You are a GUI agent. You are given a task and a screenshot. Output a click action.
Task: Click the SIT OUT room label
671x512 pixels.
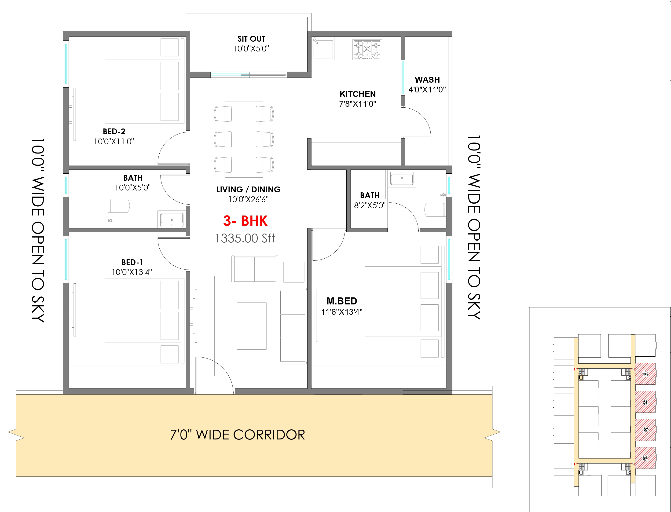coord(251,39)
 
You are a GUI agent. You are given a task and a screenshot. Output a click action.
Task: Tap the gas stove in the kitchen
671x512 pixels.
coord(367,49)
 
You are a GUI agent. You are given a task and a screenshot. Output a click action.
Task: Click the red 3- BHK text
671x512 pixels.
coord(245,221)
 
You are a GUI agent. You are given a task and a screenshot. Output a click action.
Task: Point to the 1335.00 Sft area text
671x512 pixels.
coord(245,238)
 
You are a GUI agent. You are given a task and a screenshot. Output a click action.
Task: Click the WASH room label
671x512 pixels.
coord(427,80)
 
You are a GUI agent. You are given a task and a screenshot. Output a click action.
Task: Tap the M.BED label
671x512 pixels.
coord(342,301)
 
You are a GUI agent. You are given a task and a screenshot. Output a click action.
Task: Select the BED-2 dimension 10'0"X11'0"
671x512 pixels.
coord(114,141)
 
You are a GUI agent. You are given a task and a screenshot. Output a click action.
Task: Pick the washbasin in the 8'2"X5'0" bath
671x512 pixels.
coord(402,178)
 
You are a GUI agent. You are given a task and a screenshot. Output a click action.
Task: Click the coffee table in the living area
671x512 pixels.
coord(252,326)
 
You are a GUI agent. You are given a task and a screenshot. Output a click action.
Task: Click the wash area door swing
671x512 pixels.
coord(416,122)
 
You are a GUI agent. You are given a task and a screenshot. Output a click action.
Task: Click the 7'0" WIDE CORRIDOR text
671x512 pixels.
coord(237,435)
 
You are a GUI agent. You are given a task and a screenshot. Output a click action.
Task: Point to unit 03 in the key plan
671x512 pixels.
coord(646,374)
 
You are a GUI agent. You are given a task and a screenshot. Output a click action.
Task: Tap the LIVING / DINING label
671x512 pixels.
coord(248,190)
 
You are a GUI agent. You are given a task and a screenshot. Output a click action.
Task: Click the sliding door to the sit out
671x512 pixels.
coord(249,75)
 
